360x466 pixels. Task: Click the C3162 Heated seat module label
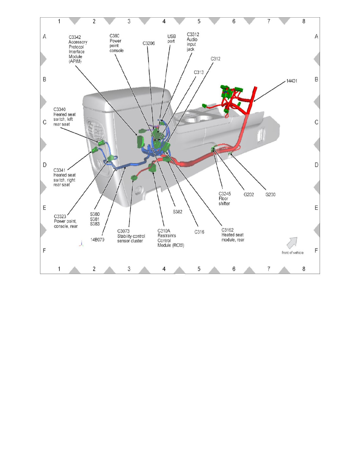(233, 235)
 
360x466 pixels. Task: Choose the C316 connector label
(199, 232)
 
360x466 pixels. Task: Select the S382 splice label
(179, 211)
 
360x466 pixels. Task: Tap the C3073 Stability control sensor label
(131, 236)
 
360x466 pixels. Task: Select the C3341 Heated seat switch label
(65, 177)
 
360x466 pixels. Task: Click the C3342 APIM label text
(78, 49)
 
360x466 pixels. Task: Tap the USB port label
(172, 38)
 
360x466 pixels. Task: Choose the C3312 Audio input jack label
(193, 42)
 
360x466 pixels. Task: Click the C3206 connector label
(149, 44)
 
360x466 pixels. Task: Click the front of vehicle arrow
(292, 243)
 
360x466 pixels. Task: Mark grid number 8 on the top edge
(304, 21)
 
